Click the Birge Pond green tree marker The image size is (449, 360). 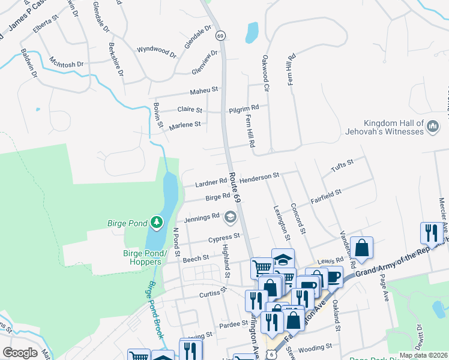(157, 223)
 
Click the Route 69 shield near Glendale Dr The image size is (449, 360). (221, 37)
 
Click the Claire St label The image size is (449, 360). (191, 109)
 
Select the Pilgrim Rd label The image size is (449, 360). (244, 108)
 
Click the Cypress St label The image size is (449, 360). (224, 238)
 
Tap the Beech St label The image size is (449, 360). (196, 257)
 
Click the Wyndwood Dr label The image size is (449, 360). (157, 52)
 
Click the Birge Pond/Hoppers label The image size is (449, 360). (142, 257)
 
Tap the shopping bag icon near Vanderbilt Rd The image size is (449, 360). (363, 247)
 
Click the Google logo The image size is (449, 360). (20, 353)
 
